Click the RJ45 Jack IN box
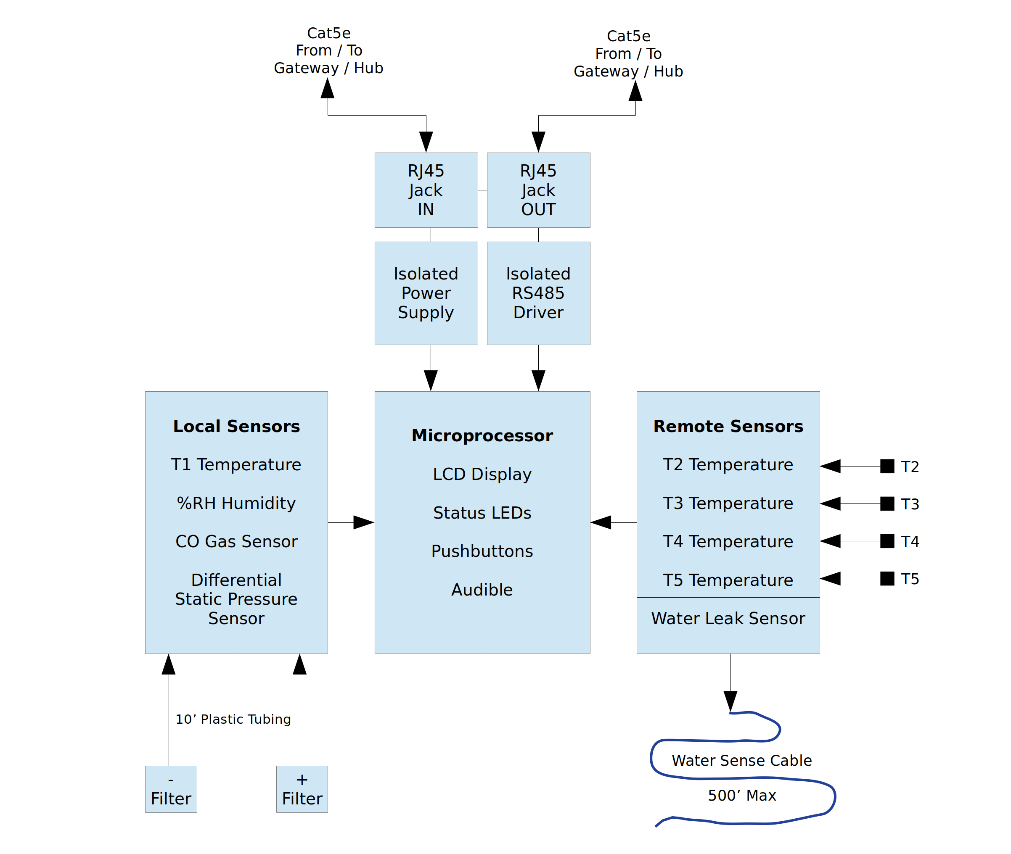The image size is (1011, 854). [426, 190]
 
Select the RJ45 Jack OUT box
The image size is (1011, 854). [538, 190]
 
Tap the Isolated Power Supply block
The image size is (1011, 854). [426, 293]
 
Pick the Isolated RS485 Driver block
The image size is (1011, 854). [538, 293]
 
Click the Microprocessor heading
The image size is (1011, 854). [482, 435]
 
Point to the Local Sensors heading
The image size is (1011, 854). [236, 426]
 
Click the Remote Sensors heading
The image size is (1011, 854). [728, 426]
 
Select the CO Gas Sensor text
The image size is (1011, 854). [236, 541]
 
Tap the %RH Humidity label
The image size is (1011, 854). [236, 503]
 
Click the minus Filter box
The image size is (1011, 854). [171, 789]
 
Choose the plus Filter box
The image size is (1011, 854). [302, 789]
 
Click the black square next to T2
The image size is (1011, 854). [887, 466]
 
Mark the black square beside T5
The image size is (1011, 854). [887, 579]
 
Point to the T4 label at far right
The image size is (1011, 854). [910, 541]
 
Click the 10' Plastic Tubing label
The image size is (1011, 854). [233, 719]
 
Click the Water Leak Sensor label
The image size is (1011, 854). [728, 618]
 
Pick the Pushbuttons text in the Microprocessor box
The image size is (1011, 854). [482, 551]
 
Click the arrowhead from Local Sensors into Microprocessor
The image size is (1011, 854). [363, 522]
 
